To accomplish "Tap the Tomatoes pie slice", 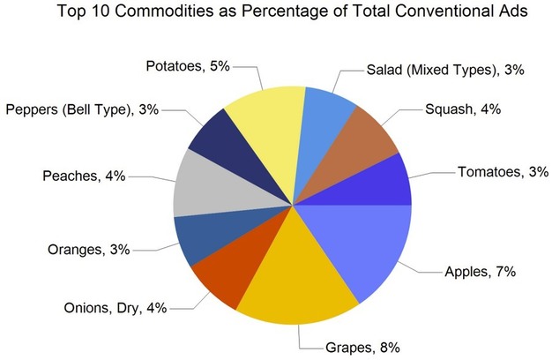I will [384, 183].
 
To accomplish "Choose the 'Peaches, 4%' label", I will [83, 177].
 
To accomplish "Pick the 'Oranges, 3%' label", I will [88, 251].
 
